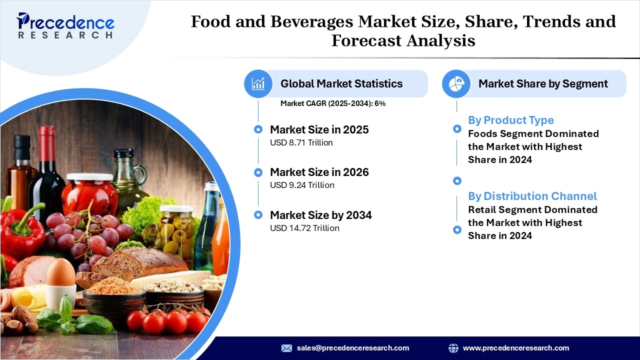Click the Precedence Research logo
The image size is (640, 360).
tap(65, 25)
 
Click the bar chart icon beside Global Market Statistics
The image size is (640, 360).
tap(258, 83)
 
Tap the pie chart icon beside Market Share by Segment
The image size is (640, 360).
tap(456, 83)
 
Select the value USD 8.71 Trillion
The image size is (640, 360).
tap(301, 142)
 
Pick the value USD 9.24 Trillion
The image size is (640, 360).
tap(302, 185)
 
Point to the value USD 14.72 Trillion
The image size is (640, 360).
tap(304, 228)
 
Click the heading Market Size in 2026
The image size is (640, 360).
tap(319, 172)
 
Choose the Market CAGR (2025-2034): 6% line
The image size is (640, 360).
tap(332, 103)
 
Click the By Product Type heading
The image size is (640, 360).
tap(510, 120)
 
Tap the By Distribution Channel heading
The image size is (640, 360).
tap(532, 196)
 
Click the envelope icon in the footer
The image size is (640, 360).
tap(286, 348)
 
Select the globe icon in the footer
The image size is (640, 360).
tap(453, 348)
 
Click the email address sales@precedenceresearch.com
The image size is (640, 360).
tap(352, 348)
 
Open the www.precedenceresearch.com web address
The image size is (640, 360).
tap(515, 348)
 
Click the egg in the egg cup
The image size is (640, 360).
tap(60, 273)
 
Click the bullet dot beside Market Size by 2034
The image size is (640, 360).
tap(258, 215)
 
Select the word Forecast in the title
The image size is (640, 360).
tap(365, 40)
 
